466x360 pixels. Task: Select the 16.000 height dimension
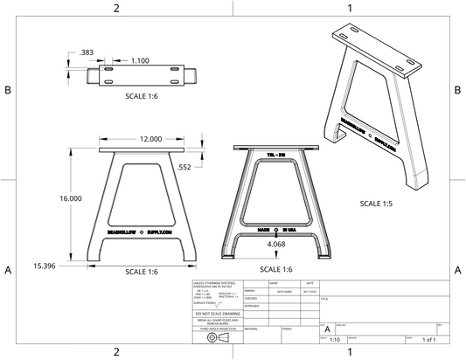click(x=70, y=198)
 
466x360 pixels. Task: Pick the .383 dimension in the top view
click(x=87, y=52)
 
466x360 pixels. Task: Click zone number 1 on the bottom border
click(x=349, y=352)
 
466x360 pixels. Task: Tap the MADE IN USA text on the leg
click(x=276, y=229)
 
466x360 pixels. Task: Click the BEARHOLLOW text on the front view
click(x=121, y=232)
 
